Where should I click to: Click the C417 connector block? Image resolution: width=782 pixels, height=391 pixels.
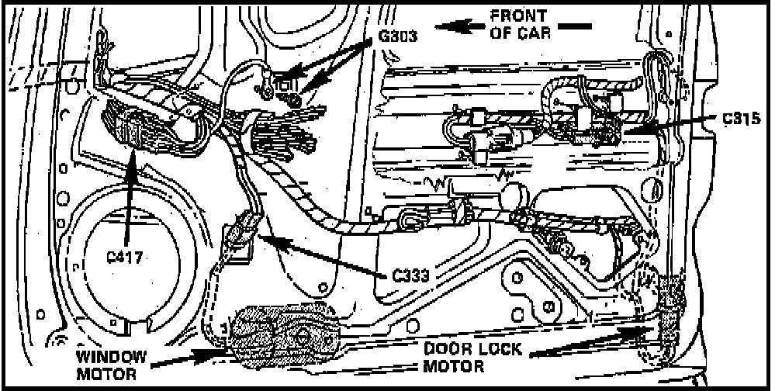pos(137,127)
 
